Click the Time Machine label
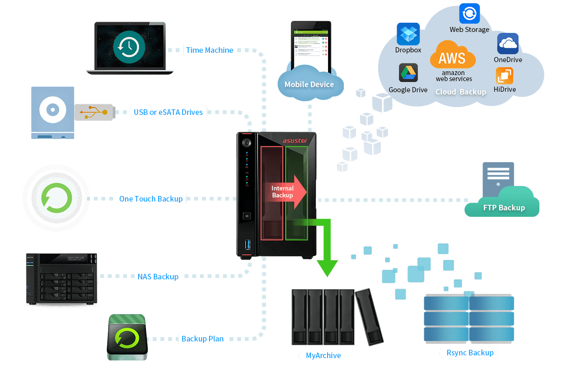(209, 50)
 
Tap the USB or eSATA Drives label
(168, 112)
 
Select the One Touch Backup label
(151, 199)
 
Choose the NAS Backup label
(158, 277)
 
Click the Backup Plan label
(203, 339)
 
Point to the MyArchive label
(323, 356)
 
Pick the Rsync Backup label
(470, 353)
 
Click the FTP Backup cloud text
(504, 208)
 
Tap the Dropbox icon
(408, 34)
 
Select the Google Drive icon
(408, 73)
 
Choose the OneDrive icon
(508, 44)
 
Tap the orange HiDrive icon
(505, 76)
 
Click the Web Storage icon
(469, 13)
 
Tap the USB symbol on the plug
(91, 112)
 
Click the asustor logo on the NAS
(296, 140)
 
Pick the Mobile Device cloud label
(309, 84)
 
